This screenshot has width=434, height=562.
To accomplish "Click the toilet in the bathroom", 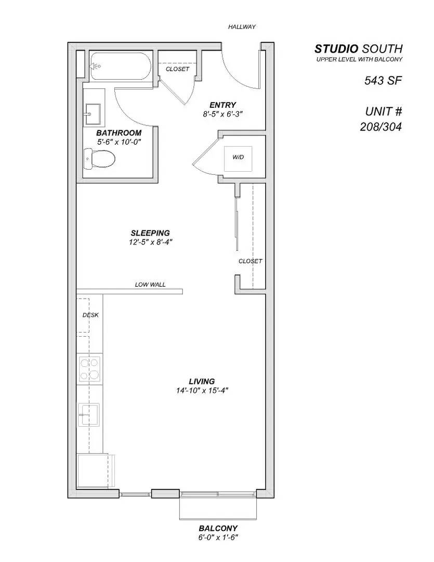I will coord(99,158).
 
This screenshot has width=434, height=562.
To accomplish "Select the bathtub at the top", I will coord(120,67).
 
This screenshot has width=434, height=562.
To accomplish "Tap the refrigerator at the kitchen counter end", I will coord(94,471).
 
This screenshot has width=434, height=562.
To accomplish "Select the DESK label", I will coord(90,315).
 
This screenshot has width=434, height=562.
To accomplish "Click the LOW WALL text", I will coord(150,285).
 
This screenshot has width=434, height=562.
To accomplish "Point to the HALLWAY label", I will coord(242,27).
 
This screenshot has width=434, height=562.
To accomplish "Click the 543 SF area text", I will coord(383,81).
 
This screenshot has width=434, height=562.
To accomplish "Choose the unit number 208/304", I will coord(382,126).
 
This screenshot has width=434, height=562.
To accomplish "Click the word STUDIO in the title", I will coord(336,49).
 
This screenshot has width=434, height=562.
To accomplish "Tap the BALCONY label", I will coord(218,528).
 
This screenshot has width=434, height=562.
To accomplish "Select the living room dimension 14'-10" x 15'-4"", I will coord(202,391).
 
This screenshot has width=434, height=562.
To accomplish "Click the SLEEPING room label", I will coord(150,233).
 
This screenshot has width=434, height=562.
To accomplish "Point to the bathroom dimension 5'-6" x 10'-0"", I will coord(119,142).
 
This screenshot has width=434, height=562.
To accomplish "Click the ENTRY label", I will coord(223,105).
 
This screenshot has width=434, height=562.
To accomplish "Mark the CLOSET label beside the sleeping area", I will coord(250,261).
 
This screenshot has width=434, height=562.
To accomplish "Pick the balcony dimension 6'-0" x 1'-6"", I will coord(218,537).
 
